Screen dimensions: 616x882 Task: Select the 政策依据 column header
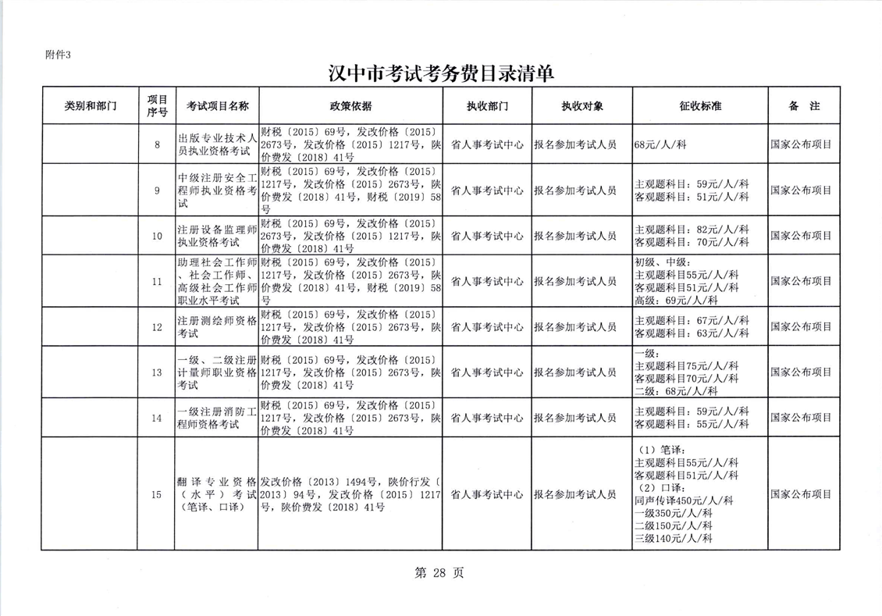point(350,106)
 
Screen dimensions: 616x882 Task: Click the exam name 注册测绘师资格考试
point(217,326)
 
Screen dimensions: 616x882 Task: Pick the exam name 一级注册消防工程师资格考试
point(217,418)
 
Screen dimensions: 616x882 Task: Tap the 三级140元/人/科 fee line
point(674,538)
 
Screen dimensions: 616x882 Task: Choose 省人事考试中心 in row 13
point(487,372)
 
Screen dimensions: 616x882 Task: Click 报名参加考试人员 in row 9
point(575,190)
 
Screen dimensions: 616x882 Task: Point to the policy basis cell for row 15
point(350,494)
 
